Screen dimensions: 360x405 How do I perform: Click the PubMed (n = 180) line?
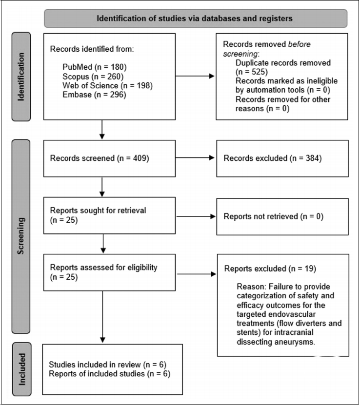coord(94,67)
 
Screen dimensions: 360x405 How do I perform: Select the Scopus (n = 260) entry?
coord(93,77)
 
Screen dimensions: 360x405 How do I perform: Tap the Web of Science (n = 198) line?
coord(107,85)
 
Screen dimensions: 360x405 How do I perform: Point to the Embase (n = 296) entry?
coord(94,95)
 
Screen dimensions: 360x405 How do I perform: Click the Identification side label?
coord(21,77)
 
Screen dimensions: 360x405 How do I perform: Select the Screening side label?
coord(20,236)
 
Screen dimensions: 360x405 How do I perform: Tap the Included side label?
coord(22,369)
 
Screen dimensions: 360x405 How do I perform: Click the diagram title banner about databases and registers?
coord(196,19)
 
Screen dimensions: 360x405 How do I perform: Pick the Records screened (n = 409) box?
coord(110,158)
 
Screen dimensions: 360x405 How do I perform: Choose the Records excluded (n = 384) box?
coord(282,158)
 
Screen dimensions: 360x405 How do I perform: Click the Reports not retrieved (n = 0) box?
coord(282,217)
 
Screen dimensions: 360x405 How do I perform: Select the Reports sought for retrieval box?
coord(110,216)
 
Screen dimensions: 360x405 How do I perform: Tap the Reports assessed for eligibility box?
coord(110,272)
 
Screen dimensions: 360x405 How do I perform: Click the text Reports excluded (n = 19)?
coord(270,269)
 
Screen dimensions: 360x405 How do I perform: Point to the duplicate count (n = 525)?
coord(251,72)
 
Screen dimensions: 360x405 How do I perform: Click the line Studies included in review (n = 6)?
coord(107,365)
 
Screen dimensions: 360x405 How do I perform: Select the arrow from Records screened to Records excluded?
coord(195,157)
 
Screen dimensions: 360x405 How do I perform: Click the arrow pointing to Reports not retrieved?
coord(196,216)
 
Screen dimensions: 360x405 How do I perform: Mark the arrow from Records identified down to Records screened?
coord(102,130)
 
